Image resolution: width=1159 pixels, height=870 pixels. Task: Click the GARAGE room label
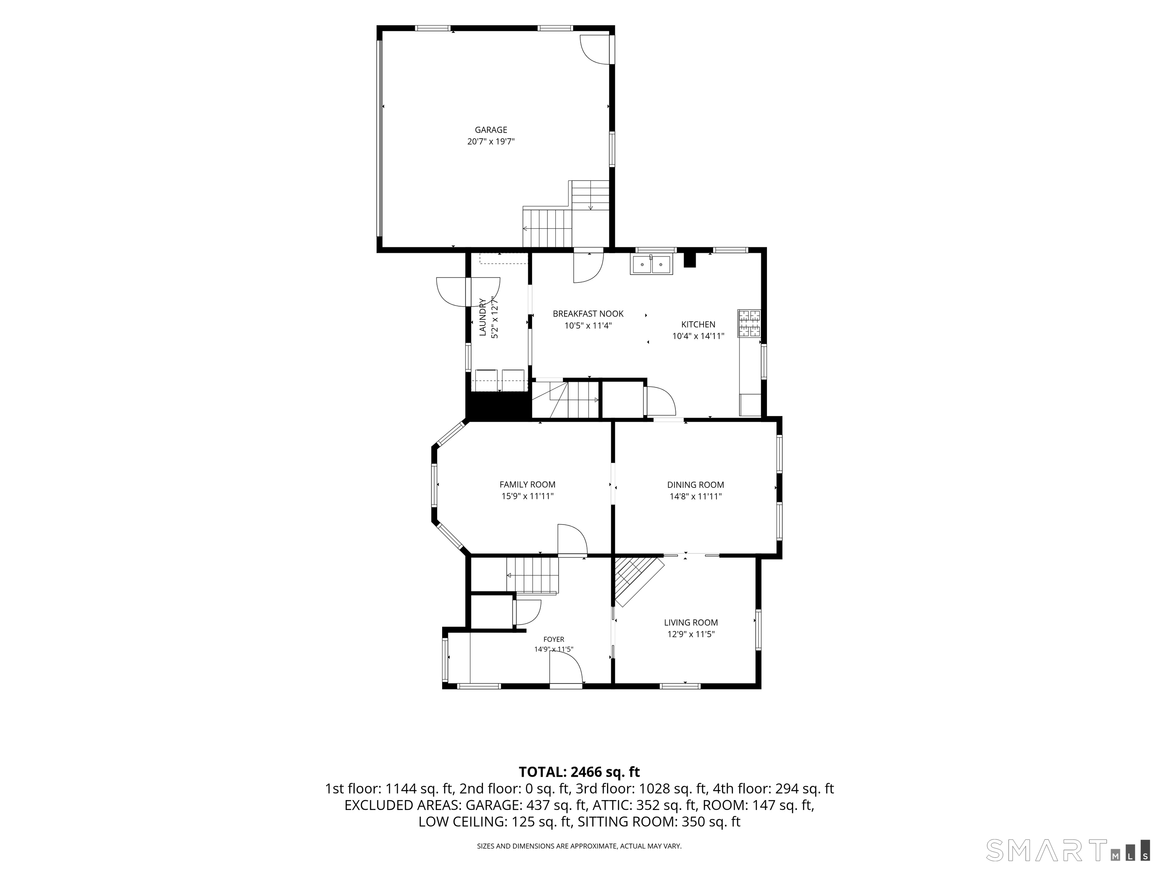(x=491, y=130)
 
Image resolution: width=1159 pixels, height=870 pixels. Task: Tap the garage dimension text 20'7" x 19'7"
(x=491, y=142)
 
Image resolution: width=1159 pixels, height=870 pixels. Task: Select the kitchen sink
(x=651, y=264)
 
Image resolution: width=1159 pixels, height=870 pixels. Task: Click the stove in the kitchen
(x=749, y=323)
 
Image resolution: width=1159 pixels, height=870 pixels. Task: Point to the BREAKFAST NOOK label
(x=588, y=313)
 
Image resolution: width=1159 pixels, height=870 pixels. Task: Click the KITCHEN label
(x=698, y=325)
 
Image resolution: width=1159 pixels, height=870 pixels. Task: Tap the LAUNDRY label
(x=483, y=317)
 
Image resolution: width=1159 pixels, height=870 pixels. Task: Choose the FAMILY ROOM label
(x=527, y=484)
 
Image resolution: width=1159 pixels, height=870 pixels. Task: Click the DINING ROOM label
(x=695, y=485)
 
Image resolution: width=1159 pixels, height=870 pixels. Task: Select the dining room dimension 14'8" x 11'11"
(x=695, y=497)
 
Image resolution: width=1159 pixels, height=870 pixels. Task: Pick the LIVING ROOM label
(x=690, y=622)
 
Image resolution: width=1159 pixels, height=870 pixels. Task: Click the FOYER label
(x=553, y=639)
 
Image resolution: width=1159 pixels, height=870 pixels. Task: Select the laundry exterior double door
(x=468, y=292)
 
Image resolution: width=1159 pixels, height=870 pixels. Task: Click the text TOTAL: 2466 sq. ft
(x=579, y=771)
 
